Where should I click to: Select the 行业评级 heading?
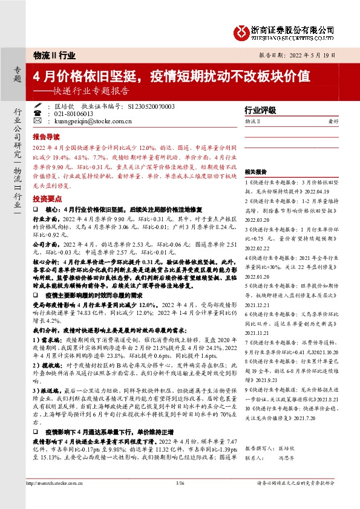(260, 111)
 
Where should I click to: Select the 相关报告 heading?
(255, 171)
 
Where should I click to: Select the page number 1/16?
(180, 499)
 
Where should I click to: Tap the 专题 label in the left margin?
(17, 74)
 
